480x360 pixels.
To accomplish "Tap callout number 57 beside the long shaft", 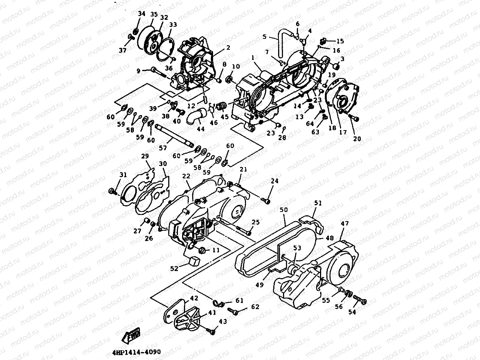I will tap(163, 148).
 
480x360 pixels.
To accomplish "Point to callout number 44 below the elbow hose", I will tap(200, 129).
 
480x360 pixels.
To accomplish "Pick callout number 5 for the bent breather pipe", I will tap(264, 37).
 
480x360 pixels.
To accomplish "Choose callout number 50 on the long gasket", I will tap(284, 210).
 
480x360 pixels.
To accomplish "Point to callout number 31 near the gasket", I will tap(123, 175).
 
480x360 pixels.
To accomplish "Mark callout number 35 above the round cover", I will tap(154, 14).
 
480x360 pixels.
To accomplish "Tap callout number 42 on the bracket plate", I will tap(194, 298).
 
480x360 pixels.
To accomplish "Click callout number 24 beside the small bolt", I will tap(275, 181).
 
